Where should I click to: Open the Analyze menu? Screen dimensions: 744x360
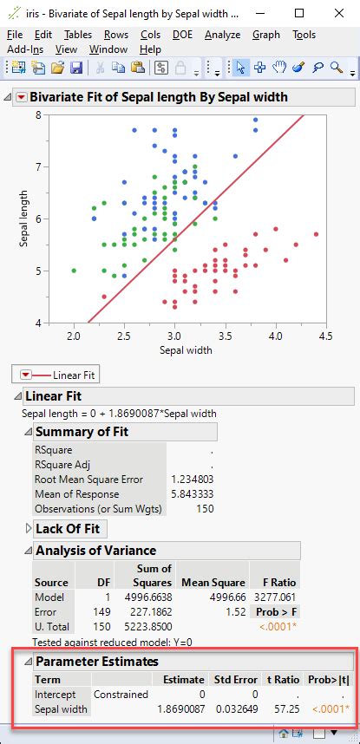click(221, 35)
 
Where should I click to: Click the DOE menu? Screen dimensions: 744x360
click(183, 35)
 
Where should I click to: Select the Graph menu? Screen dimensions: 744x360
click(266, 35)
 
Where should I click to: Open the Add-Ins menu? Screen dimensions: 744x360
click(24, 49)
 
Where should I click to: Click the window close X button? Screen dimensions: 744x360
click(340, 14)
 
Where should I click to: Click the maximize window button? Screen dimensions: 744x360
click(299, 14)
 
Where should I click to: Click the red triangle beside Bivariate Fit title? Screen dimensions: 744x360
click(22, 97)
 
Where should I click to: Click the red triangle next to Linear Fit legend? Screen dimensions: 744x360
click(26, 375)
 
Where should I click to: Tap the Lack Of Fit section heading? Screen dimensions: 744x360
click(67, 528)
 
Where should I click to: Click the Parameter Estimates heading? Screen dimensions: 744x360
click(96, 662)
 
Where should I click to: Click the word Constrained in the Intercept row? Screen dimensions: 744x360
click(120, 695)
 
